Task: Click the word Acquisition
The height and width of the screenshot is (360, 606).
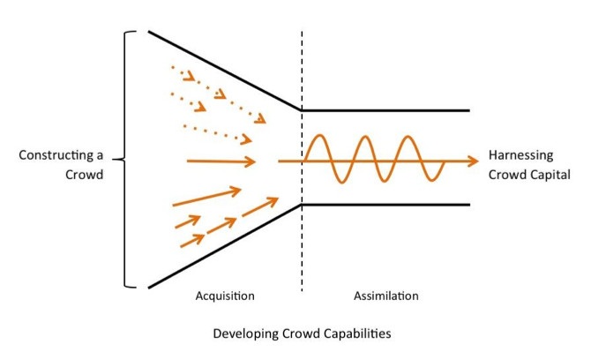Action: [x=225, y=296]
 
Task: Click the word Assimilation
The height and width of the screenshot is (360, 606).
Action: [x=386, y=296]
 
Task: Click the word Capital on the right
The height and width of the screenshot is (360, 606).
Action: [x=548, y=175]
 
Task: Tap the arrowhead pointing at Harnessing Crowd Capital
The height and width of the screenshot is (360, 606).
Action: [x=474, y=161]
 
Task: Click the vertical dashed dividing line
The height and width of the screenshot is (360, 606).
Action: [x=302, y=247]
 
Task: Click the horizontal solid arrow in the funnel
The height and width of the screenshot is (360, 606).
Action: [x=221, y=161]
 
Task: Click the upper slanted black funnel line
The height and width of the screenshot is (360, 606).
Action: [x=225, y=71]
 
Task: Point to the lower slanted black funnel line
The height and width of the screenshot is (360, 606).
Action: [x=225, y=246]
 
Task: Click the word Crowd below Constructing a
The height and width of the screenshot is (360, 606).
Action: [x=85, y=175]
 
